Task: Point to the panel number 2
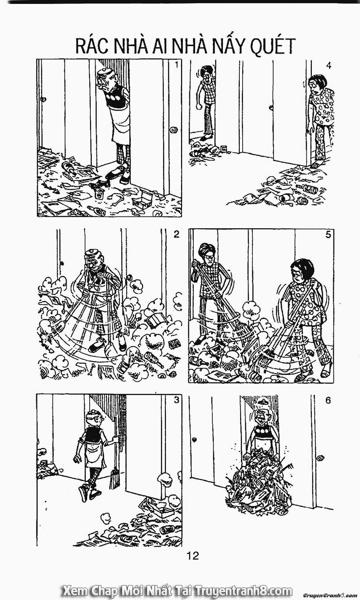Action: (176, 234)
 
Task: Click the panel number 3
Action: (176, 400)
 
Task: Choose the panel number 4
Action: (328, 65)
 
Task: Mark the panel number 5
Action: (328, 234)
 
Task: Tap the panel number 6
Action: (328, 400)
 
